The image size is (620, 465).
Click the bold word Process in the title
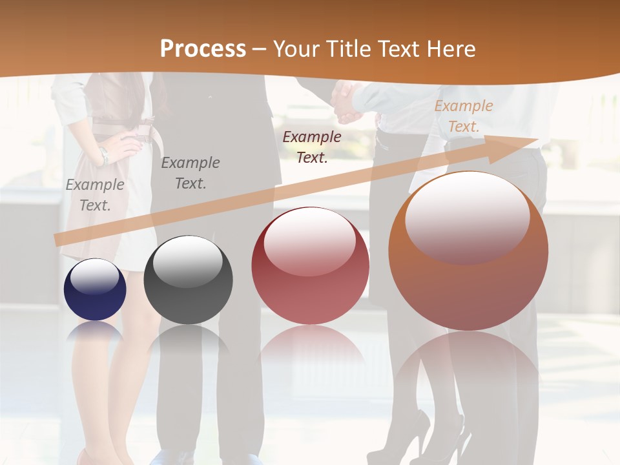(203, 49)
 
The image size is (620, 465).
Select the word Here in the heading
(451, 49)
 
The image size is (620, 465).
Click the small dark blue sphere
(95, 289)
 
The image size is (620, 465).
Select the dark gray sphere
(188, 280)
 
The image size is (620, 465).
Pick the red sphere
(310, 265)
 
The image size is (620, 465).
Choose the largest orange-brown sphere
(468, 251)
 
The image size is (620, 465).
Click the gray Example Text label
(95, 194)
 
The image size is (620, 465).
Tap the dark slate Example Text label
(191, 172)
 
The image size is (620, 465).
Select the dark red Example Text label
(312, 147)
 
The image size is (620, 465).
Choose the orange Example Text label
(463, 116)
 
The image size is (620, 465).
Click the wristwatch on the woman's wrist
(103, 155)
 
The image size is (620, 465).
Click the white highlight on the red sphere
(309, 241)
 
